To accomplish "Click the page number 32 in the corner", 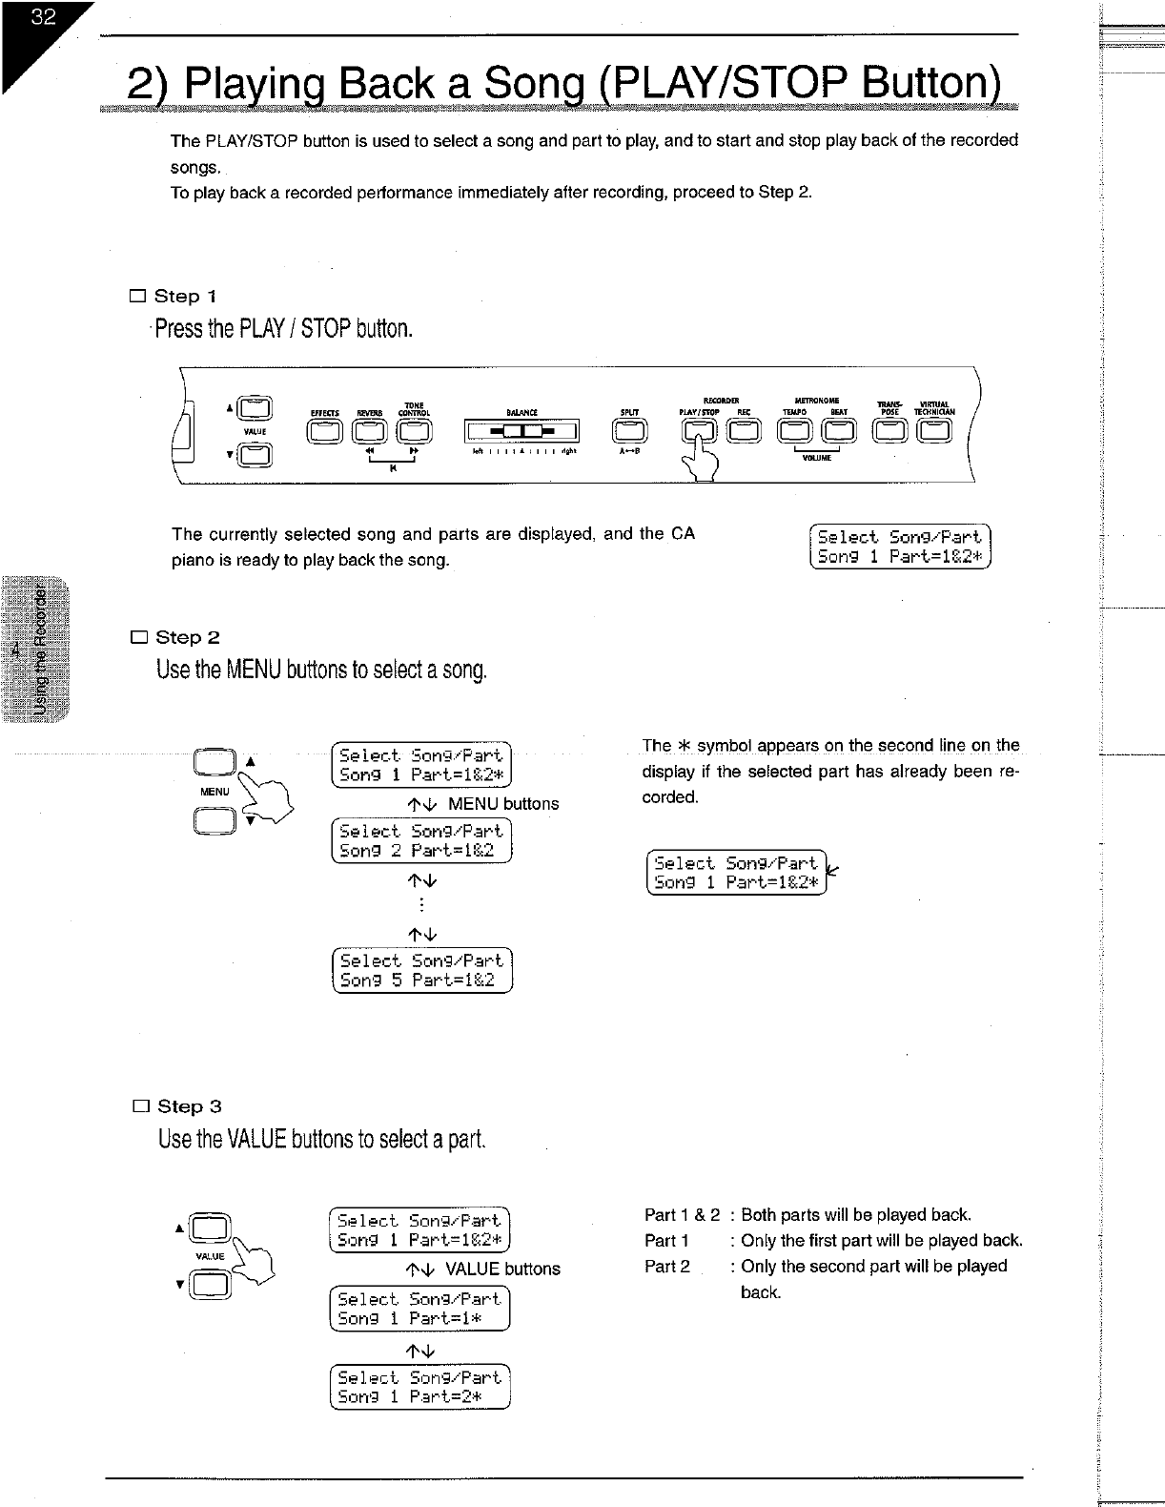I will coord(43,18).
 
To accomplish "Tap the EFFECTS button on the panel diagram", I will coord(326,432).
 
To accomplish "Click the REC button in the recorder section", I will coord(744,432).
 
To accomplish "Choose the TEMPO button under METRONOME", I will coord(795,432).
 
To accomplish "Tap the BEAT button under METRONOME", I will coord(839,432).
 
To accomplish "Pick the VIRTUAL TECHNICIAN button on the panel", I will coord(934,432).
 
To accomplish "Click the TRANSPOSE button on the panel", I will coord(891,432).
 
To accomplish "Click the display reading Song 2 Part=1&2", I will coord(420,840).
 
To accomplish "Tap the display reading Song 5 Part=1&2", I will coord(420,971).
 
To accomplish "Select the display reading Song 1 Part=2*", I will coord(419,1388).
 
